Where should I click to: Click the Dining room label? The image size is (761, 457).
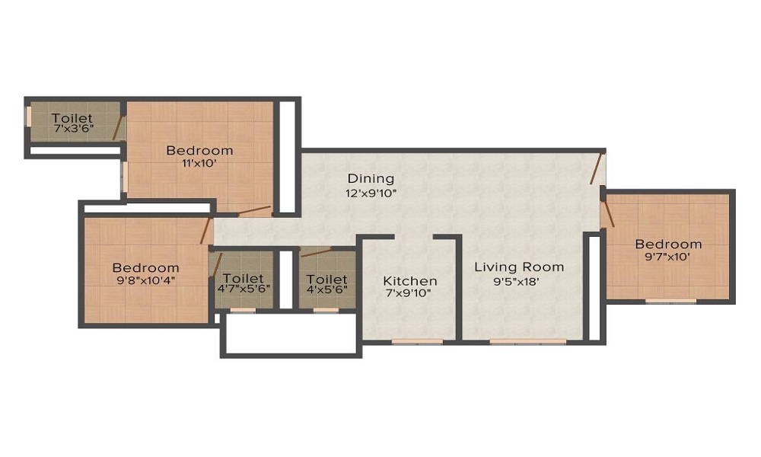point(371,178)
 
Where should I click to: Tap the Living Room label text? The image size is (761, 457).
point(519,267)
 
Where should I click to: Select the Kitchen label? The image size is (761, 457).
point(409,280)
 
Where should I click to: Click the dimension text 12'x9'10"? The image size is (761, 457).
point(371,193)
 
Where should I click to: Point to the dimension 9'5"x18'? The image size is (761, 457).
point(519,281)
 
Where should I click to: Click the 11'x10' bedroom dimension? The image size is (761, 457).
point(199,164)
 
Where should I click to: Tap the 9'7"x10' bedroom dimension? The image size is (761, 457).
point(668,257)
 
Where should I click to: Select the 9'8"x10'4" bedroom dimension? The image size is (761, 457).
point(145,281)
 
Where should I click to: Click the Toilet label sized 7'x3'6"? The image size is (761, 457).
point(72,118)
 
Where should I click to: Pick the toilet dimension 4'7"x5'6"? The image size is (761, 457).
point(243,292)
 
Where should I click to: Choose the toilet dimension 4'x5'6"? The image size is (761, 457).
point(326,292)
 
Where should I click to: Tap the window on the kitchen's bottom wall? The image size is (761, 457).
point(417,341)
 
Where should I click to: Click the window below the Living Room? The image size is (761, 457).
point(527,341)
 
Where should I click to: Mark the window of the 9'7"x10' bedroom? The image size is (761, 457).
point(670,301)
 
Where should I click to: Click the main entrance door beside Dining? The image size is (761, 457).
point(598,168)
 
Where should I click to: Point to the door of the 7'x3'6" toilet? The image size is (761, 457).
point(119,129)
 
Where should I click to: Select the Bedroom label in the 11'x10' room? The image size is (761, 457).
point(199,150)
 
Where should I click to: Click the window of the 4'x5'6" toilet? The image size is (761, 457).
point(326,310)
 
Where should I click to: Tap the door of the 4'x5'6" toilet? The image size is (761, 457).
point(316,252)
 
